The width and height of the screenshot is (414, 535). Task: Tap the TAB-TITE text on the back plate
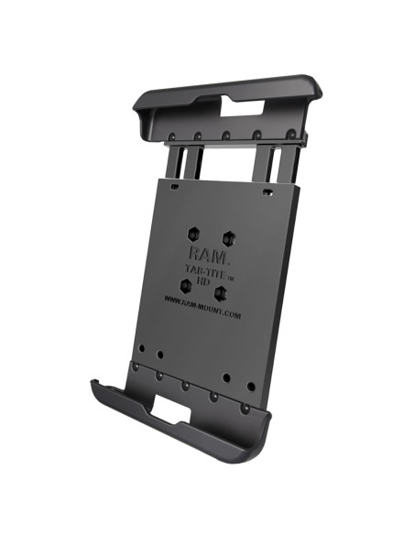[x=208, y=267]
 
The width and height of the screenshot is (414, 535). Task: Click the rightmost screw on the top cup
[x=290, y=135]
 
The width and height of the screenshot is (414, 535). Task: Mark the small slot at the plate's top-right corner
[x=266, y=194]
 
